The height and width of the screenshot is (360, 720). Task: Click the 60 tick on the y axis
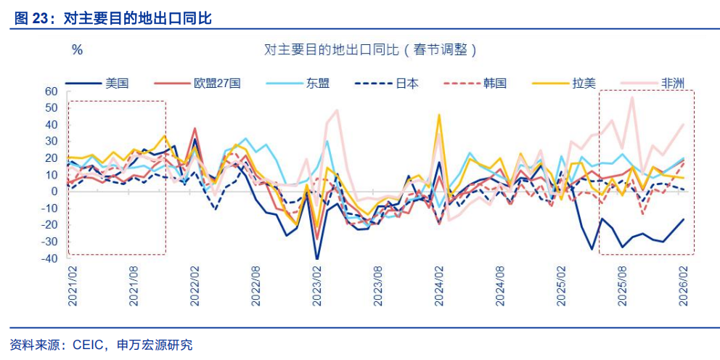click(x=51, y=91)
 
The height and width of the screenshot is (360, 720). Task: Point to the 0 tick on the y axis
click(x=54, y=192)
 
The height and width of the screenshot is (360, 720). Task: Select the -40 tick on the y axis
click(x=49, y=258)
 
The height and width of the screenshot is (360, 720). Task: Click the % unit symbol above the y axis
click(x=77, y=50)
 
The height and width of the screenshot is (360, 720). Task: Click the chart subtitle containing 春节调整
click(x=371, y=50)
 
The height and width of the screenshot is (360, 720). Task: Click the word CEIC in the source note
click(x=91, y=345)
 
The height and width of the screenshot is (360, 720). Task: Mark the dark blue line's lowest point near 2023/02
click(x=317, y=259)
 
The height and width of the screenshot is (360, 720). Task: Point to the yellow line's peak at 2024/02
click(x=439, y=115)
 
